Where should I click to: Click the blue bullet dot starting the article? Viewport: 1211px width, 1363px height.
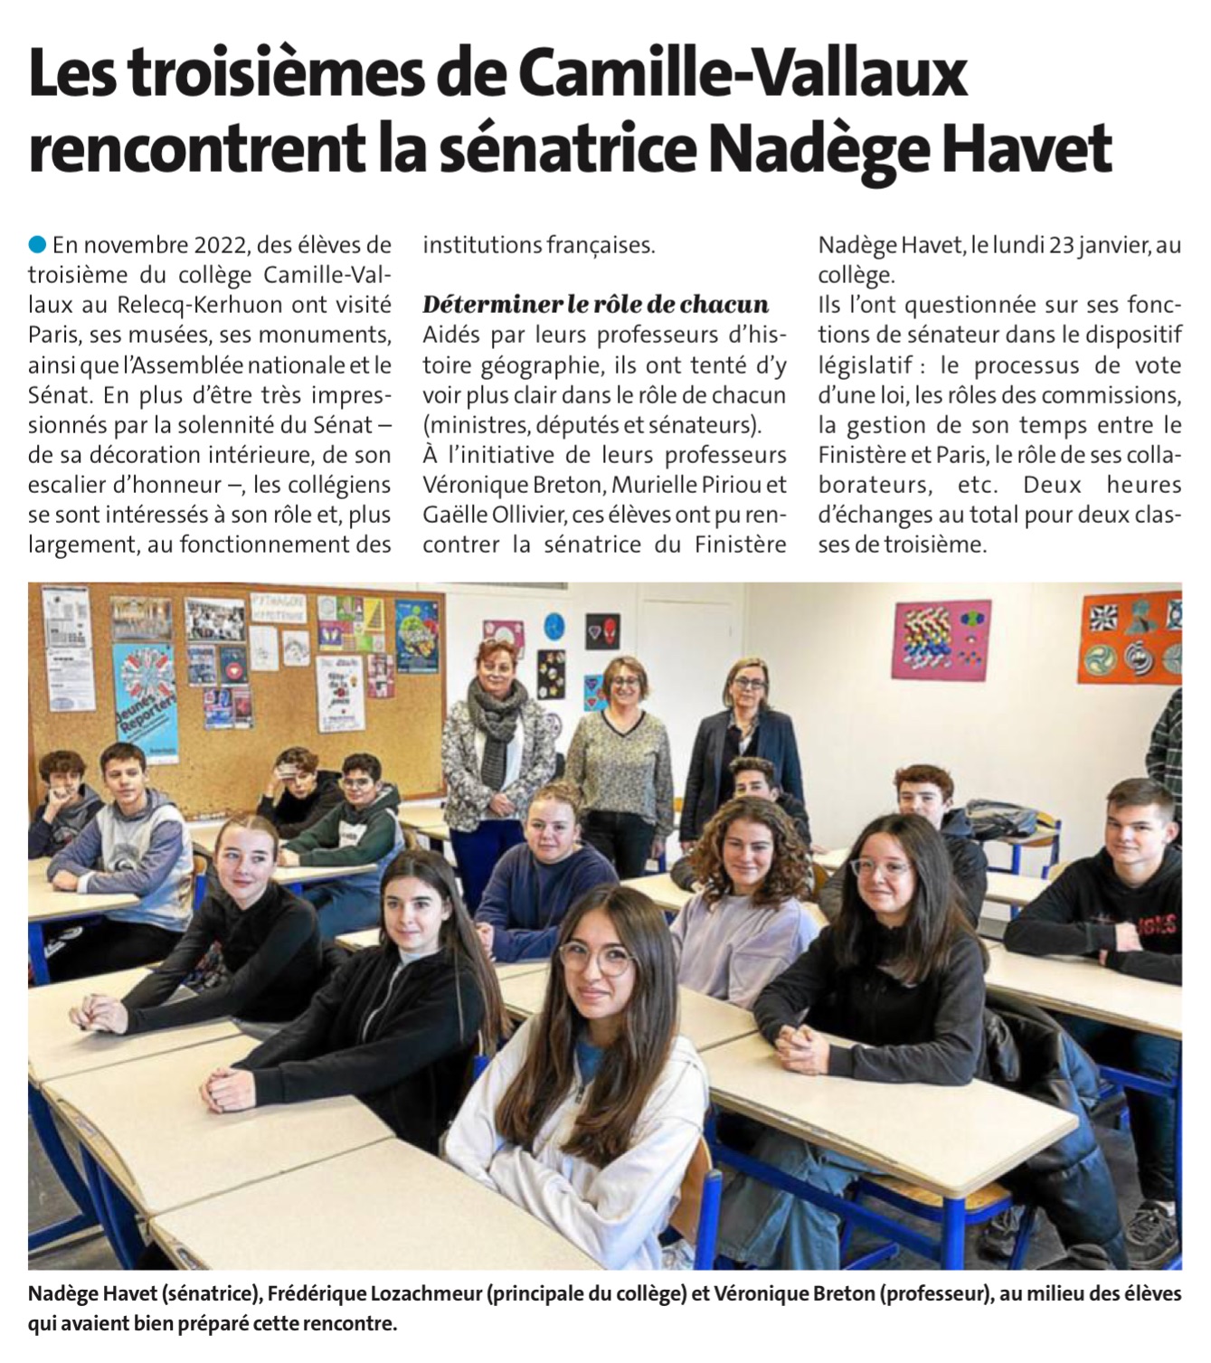coord(37,244)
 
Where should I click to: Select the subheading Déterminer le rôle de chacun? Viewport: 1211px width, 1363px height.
coord(595,304)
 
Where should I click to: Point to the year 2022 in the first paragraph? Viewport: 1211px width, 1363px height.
coord(221,245)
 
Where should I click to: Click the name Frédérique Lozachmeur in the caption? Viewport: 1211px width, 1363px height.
coord(375,1294)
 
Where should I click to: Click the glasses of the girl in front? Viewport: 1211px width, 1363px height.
coord(597,959)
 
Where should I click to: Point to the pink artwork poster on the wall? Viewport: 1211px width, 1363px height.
coord(941,640)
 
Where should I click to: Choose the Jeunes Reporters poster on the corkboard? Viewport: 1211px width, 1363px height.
coord(144,701)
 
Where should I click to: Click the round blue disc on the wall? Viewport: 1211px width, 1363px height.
coord(553,624)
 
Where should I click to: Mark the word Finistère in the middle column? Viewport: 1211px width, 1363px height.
coord(741,544)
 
